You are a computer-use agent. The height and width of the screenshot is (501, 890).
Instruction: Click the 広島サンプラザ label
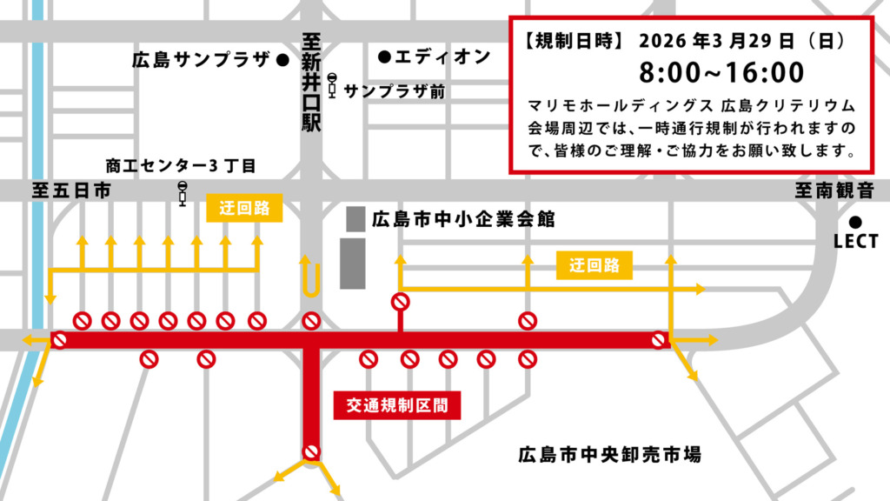(201, 61)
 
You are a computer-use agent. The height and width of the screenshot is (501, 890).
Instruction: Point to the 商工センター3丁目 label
(181, 165)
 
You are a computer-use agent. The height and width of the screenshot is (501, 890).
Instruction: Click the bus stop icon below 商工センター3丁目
(182, 194)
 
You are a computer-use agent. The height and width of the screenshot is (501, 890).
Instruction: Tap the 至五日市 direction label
(71, 191)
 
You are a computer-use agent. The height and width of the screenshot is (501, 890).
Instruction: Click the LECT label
(856, 242)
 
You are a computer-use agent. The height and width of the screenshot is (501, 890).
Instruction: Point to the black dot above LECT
(856, 221)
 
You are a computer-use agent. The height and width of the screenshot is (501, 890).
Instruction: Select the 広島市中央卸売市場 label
(610, 454)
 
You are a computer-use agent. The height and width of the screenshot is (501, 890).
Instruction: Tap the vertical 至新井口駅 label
(311, 83)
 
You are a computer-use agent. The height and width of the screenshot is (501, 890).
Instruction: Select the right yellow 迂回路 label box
(594, 266)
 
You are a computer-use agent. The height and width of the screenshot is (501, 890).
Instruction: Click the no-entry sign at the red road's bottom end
(311, 451)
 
